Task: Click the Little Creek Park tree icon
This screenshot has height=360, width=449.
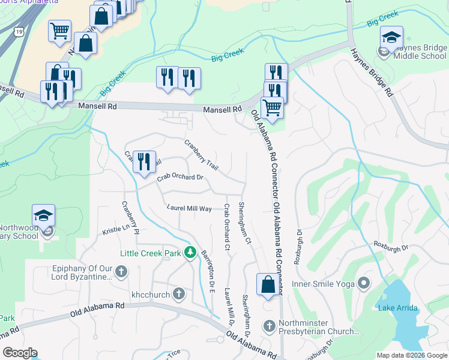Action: (x=190, y=253)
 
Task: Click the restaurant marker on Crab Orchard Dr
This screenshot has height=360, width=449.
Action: (x=144, y=162)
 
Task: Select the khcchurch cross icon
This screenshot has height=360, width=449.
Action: (x=178, y=294)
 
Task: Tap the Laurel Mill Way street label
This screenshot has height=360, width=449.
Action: (x=189, y=208)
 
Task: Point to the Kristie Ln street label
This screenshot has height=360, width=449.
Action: (x=116, y=229)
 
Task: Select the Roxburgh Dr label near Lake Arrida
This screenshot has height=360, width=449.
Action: (x=391, y=246)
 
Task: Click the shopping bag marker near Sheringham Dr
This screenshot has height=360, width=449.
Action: (x=267, y=284)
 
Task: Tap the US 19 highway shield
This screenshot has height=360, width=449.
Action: (x=20, y=29)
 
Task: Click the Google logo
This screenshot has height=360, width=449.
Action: (x=20, y=353)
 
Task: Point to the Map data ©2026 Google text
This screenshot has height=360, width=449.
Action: (x=411, y=355)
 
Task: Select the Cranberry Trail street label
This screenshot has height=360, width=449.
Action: (x=200, y=154)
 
